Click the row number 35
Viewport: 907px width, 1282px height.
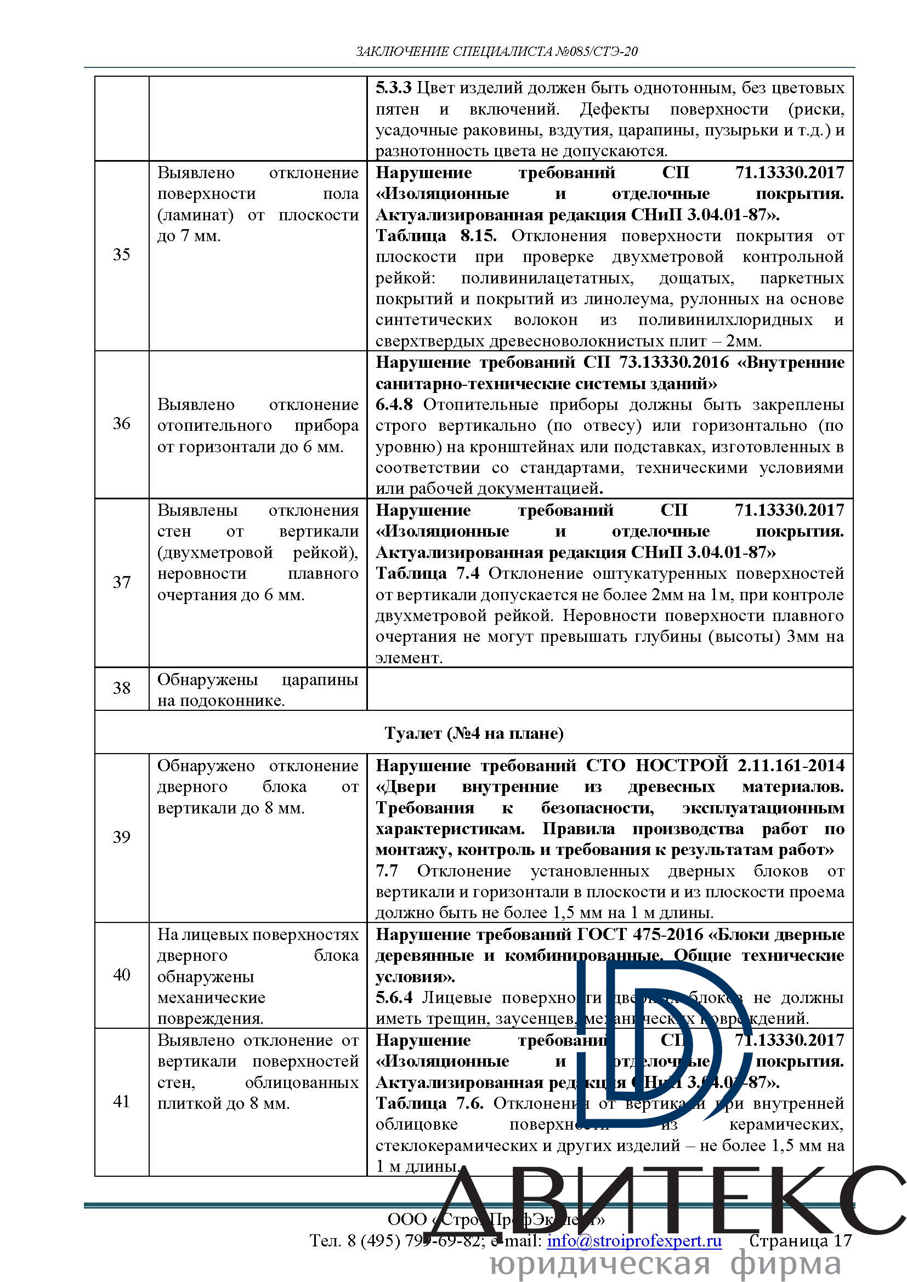click(121, 255)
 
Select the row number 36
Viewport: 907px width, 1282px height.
click(121, 423)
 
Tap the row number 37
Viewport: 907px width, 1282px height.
click(121, 583)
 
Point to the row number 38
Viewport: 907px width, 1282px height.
click(121, 688)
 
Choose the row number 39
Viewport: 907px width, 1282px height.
click(121, 837)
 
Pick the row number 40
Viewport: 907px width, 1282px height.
click(121, 975)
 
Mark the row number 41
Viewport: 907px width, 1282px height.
click(121, 1101)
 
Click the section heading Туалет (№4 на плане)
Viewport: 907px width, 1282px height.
click(474, 733)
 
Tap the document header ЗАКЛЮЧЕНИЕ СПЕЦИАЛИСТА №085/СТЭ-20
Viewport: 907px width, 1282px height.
click(496, 52)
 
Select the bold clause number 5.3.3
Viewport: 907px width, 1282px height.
click(393, 88)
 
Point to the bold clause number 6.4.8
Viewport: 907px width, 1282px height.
click(394, 405)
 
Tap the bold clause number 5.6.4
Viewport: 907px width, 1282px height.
click(394, 997)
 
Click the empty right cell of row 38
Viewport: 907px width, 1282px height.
click(610, 688)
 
